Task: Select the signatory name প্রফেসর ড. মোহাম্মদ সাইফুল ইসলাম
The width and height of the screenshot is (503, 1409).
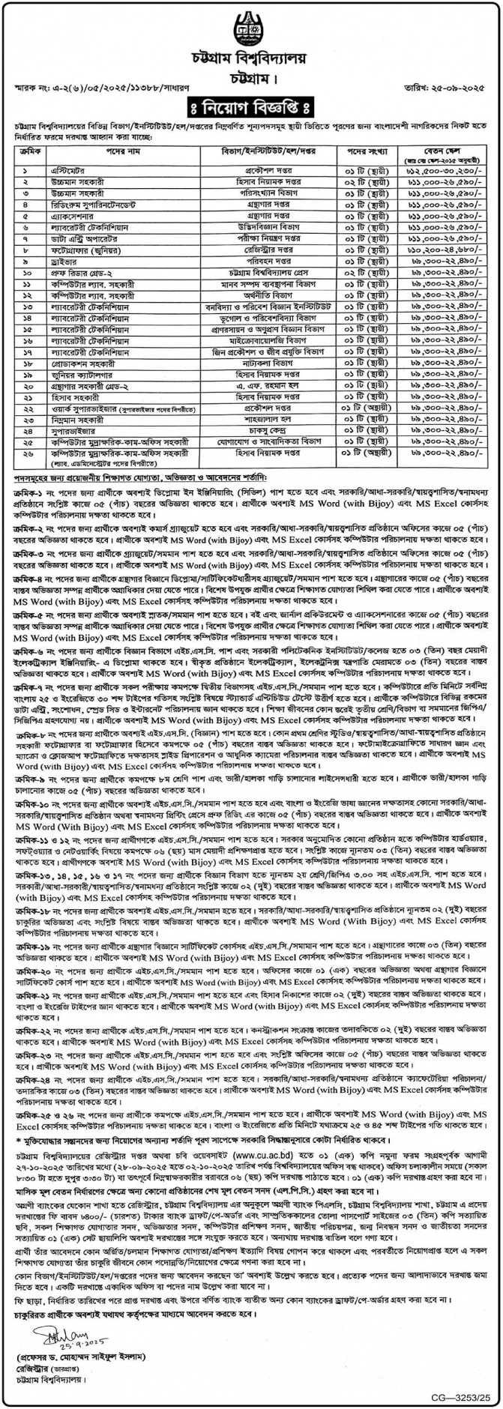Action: [x=82, y=1358]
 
